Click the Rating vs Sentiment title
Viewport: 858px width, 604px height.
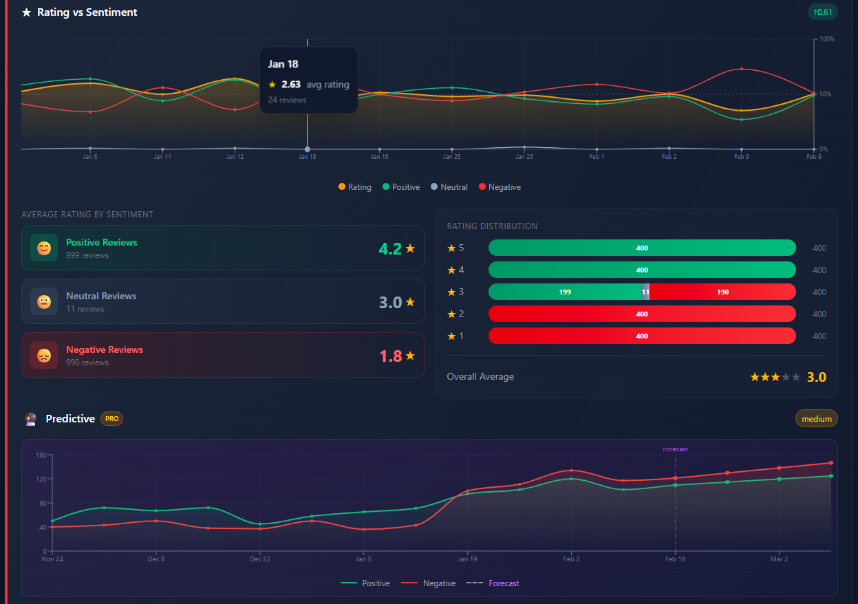pyautogui.click(x=87, y=12)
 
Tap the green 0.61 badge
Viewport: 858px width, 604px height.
pyautogui.click(x=822, y=12)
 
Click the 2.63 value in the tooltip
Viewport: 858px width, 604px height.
pyautogui.click(x=291, y=85)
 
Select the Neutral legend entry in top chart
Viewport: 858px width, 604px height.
pyautogui.click(x=453, y=187)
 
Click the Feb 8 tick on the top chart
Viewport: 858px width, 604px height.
pyautogui.click(x=741, y=156)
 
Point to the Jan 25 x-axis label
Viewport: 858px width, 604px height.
pyautogui.click(x=452, y=157)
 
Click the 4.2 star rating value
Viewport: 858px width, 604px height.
pyautogui.click(x=390, y=249)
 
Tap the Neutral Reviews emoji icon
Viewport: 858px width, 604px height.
pyautogui.click(x=44, y=301)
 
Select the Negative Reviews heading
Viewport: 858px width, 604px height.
pyautogui.click(x=105, y=349)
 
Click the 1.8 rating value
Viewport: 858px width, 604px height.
pyautogui.click(x=391, y=356)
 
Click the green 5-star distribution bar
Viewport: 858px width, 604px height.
pyautogui.click(x=641, y=248)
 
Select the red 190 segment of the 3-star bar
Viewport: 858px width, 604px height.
pyautogui.click(x=722, y=292)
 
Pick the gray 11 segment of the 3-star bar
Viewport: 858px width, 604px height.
pyautogui.click(x=645, y=292)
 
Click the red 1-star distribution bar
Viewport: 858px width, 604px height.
pyautogui.click(x=641, y=336)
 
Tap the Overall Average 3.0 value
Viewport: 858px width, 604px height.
pyautogui.click(x=816, y=377)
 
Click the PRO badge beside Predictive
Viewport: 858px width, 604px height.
pyautogui.click(x=112, y=419)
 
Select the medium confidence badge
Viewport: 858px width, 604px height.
pyautogui.click(x=817, y=419)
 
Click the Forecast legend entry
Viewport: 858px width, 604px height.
pyautogui.click(x=504, y=583)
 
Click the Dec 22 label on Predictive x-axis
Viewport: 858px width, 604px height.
pyautogui.click(x=259, y=559)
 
